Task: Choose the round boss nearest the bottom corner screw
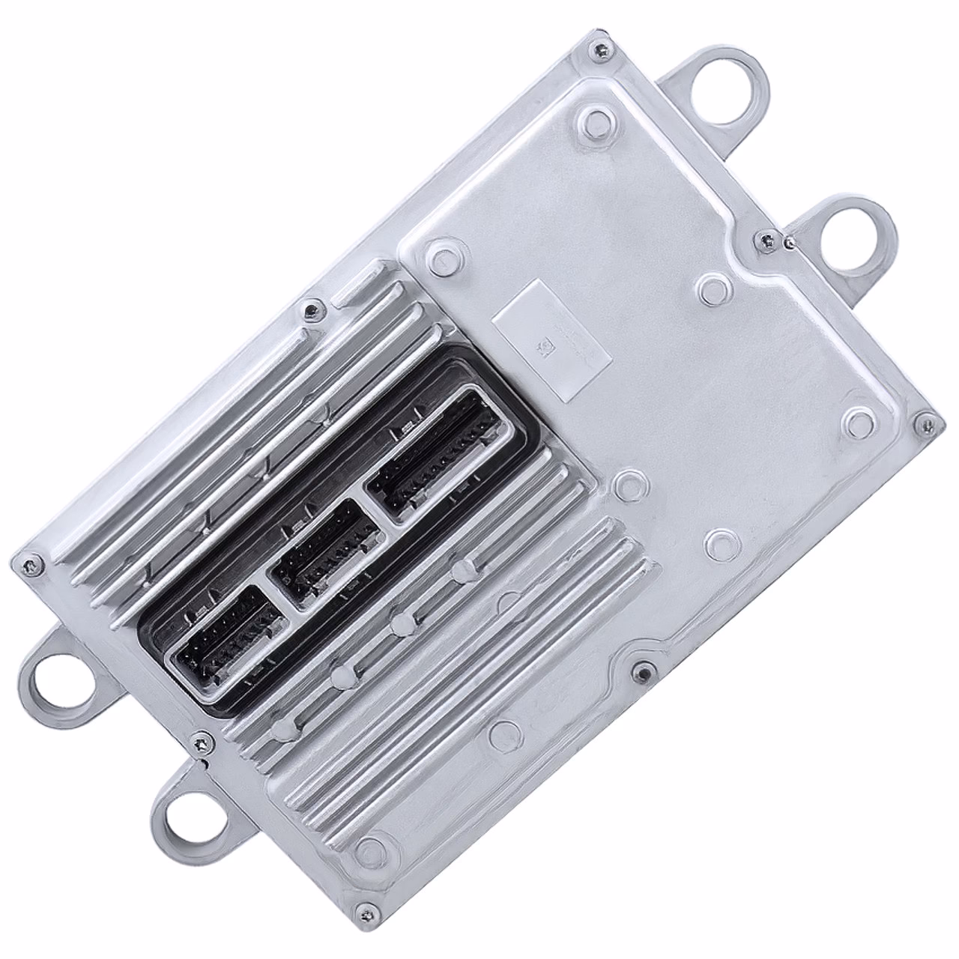tap(367, 849)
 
